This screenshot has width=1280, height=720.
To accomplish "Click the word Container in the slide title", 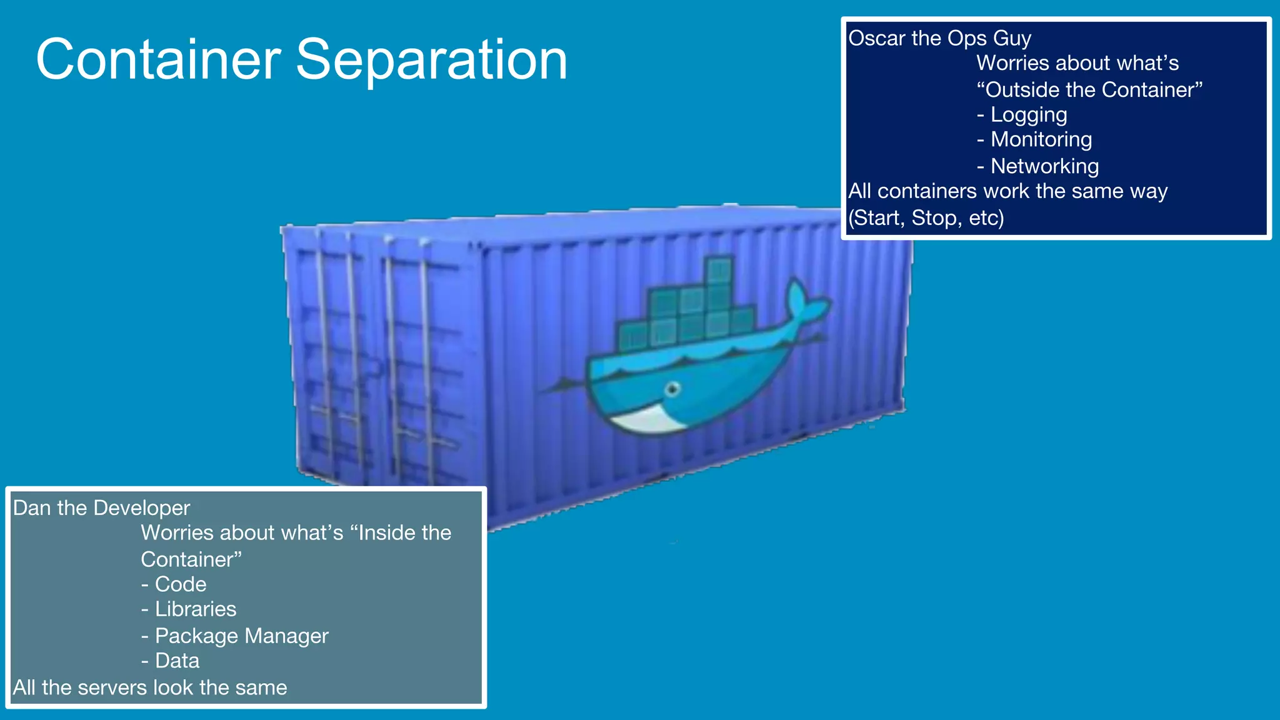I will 158,60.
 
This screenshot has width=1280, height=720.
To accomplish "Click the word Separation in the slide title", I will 431,60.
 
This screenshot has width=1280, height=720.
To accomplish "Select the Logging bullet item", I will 1028,115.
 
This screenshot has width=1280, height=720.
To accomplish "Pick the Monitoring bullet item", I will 1041,139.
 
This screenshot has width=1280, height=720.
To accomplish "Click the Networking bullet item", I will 1044,166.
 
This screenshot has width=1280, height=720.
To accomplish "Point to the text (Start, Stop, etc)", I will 926,218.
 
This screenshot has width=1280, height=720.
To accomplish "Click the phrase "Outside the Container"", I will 1089,90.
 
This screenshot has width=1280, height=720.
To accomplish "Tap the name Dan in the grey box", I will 32,508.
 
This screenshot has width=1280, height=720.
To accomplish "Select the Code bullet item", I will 180,584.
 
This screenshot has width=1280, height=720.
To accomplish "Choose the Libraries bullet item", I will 195,609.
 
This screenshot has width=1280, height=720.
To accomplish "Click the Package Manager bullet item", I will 241,636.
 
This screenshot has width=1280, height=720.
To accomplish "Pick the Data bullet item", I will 177,661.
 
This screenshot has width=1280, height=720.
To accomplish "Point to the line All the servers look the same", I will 150,688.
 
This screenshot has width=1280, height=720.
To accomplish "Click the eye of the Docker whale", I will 672,389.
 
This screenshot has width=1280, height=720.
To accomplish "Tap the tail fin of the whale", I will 806,302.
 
